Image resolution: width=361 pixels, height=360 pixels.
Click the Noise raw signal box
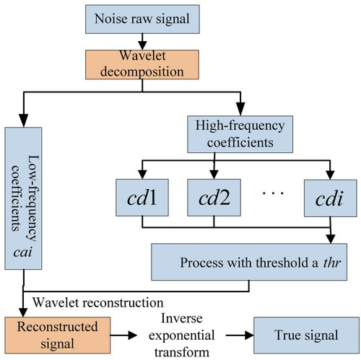point(142,19)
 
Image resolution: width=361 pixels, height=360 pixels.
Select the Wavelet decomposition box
point(142,64)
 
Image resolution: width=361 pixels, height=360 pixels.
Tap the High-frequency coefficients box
point(240,134)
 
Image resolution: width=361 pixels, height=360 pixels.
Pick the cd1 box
point(142,198)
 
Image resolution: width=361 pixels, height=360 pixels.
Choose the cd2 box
point(214,198)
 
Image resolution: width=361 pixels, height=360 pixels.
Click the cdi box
point(330,198)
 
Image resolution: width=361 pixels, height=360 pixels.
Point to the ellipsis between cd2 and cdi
point(273,193)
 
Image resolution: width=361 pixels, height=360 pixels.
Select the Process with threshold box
point(249,262)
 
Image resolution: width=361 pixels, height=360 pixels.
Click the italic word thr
point(332,263)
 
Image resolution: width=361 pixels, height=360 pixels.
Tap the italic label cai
point(23,253)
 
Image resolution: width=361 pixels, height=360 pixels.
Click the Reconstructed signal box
point(58,335)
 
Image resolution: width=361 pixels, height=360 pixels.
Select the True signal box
point(306,335)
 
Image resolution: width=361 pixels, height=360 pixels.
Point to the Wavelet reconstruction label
point(98,302)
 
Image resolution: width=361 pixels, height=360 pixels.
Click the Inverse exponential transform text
point(182,335)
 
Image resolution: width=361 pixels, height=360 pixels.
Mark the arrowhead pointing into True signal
point(249,335)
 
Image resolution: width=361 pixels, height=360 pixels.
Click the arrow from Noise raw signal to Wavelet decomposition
point(142,42)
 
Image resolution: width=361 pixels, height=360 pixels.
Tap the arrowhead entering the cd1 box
point(142,175)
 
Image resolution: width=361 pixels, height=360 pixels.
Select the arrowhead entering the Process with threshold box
point(331,239)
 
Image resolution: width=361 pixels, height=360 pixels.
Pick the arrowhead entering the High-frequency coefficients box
point(240,109)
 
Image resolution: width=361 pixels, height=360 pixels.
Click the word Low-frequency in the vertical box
point(32,198)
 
